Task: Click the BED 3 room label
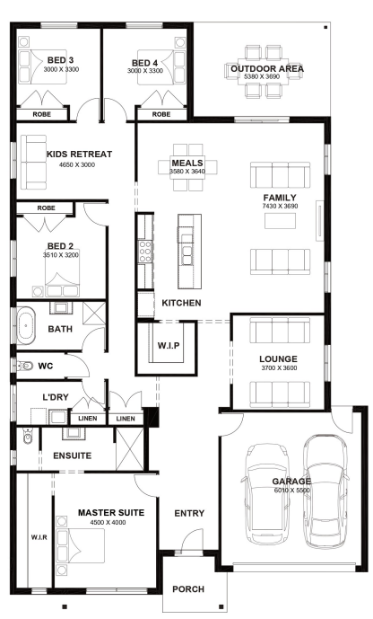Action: pos(60,60)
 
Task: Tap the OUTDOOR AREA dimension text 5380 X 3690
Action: pos(262,76)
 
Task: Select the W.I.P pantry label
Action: pos(169,345)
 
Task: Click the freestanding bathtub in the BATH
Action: pos(26,326)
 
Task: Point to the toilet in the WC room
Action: pos(24,366)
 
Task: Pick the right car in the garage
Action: pos(325,492)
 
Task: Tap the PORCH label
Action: pos(188,589)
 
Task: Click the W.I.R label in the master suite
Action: pos(39,537)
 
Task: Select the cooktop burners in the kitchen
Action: pos(145,251)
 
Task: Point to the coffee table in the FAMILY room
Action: pos(280,221)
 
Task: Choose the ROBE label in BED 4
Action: pos(161,114)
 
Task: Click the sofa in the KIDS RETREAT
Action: pos(33,162)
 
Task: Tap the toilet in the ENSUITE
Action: pos(28,436)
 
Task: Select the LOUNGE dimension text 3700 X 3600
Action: pos(279,368)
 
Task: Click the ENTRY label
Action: pos(189,513)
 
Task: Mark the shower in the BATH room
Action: pos(94,314)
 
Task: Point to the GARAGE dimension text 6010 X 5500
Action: pos(292,491)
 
